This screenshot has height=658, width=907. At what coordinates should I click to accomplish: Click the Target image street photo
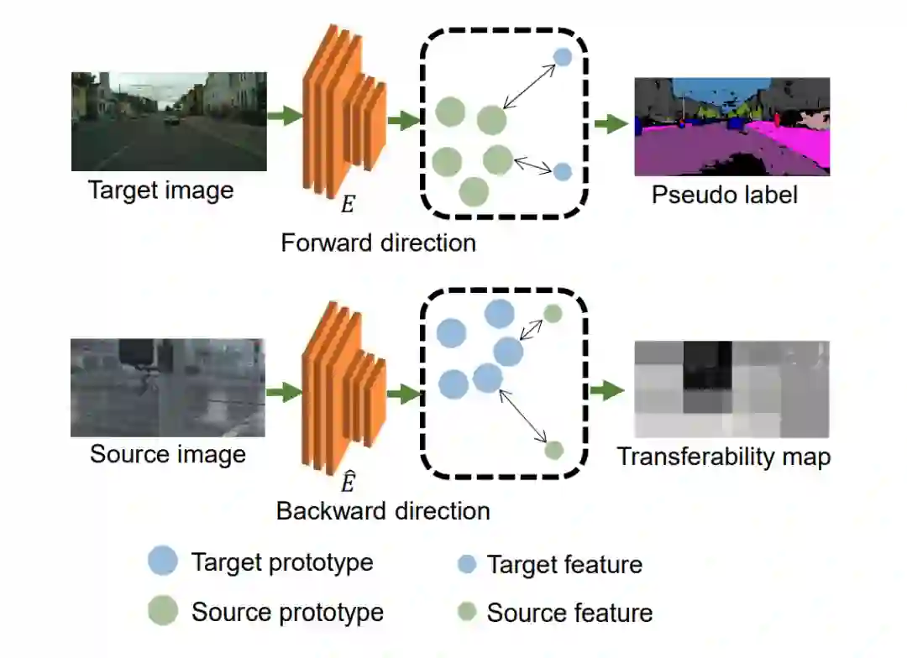(x=169, y=121)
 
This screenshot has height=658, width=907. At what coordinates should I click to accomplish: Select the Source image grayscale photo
(x=168, y=387)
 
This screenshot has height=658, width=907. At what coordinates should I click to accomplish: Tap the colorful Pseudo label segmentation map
(x=731, y=127)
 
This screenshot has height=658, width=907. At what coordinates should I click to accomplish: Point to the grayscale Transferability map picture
(x=731, y=389)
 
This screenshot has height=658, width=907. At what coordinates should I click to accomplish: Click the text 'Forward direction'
(x=378, y=243)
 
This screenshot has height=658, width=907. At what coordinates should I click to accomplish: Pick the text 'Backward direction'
(x=383, y=510)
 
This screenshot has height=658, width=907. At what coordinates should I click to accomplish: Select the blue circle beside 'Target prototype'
(x=163, y=561)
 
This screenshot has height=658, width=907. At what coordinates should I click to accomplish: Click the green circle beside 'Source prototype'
(x=163, y=610)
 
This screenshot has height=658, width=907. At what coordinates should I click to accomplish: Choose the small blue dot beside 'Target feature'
(x=467, y=564)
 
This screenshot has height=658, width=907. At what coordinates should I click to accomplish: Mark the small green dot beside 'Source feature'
(x=467, y=611)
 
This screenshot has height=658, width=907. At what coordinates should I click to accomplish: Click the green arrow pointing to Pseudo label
(x=611, y=125)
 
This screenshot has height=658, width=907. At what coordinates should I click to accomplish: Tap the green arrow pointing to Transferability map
(x=607, y=390)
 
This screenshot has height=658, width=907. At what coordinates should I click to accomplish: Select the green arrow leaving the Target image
(x=285, y=117)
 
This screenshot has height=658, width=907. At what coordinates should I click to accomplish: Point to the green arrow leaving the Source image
(x=284, y=390)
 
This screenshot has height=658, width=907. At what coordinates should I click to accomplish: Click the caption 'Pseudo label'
(x=724, y=196)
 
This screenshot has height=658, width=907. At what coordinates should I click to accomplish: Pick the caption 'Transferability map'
(x=724, y=457)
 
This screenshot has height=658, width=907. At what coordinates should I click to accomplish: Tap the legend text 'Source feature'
(x=569, y=613)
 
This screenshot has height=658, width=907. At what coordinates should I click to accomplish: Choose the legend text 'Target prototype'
(x=282, y=561)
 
